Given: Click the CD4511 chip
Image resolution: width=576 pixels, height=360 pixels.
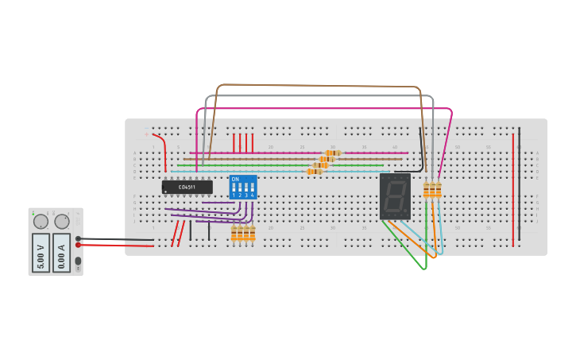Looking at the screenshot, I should (187, 187).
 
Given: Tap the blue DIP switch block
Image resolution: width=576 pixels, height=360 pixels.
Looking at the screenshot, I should (243, 188).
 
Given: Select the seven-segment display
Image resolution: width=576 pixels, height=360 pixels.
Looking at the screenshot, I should (395, 196).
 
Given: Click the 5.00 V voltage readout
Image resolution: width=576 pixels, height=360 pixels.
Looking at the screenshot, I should (41, 252).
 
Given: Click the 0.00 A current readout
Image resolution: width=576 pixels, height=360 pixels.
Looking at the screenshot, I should (62, 252).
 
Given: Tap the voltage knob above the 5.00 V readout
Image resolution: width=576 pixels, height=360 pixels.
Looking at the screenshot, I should (40, 222).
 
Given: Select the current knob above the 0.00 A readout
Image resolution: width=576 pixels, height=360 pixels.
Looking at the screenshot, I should (62, 222).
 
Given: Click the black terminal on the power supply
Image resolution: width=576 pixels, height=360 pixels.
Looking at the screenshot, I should (78, 238).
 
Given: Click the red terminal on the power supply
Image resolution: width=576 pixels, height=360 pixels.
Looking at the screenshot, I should (78, 245).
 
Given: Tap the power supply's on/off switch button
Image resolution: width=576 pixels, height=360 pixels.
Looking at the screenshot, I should (78, 261).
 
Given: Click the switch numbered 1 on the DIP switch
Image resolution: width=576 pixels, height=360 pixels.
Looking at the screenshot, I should (234, 188).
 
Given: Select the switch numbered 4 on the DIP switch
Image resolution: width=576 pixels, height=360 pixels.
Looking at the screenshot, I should (253, 188).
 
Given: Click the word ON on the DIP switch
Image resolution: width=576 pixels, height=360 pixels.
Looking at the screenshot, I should (235, 179).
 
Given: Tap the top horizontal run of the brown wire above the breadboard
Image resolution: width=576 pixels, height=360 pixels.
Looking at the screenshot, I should (318, 85).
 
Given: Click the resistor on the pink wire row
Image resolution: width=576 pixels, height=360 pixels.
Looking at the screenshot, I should (333, 153).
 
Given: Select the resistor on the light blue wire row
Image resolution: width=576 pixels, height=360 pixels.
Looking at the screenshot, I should (315, 171).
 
